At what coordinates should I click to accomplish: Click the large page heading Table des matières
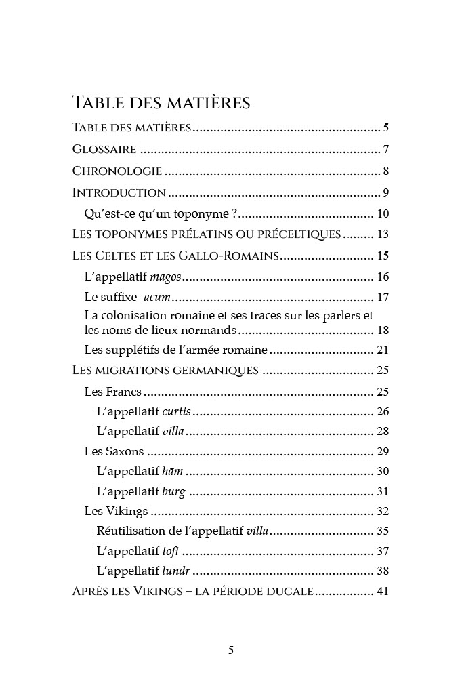[x=161, y=103]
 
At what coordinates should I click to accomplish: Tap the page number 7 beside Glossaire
[x=385, y=149]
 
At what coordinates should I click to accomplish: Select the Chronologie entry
[x=117, y=171]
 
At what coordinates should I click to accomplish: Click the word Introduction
[x=119, y=192]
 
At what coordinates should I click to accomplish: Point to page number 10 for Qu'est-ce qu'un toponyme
[x=382, y=214]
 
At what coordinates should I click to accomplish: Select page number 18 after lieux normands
[x=382, y=330]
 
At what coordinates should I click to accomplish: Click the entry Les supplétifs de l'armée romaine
[x=176, y=350]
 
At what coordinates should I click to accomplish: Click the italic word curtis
[x=177, y=411]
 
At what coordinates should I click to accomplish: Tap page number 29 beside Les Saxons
[x=382, y=451]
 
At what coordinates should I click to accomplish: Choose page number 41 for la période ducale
[x=382, y=591]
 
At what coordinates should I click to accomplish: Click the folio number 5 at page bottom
[x=231, y=651]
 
